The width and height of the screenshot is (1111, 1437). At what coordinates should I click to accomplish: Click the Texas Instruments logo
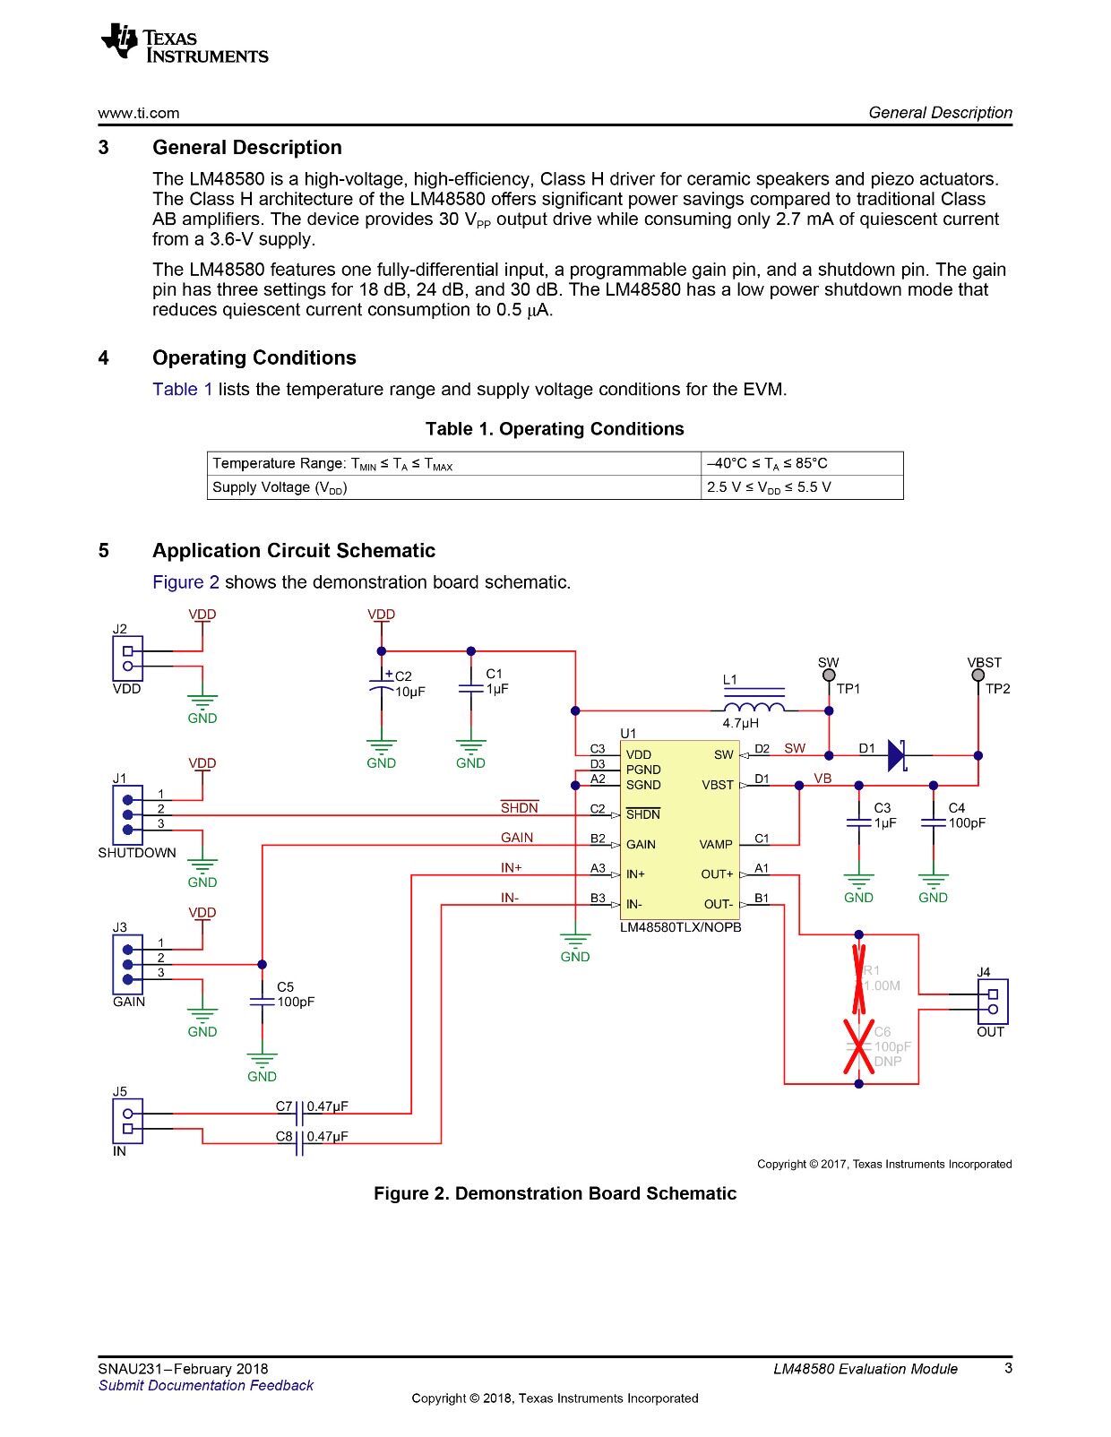tap(185, 43)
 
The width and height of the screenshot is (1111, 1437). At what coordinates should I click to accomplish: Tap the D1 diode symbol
tap(897, 755)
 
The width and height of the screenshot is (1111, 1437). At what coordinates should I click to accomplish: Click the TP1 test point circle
tap(829, 675)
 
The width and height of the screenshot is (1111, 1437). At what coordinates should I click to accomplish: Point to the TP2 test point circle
tap(978, 675)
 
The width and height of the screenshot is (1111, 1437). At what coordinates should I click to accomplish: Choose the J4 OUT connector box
tap(993, 1002)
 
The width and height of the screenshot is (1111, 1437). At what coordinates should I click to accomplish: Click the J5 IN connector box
tap(127, 1121)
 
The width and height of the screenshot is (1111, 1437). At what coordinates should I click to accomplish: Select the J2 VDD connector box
tap(127, 658)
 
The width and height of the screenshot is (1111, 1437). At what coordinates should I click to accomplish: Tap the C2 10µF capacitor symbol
tap(382, 685)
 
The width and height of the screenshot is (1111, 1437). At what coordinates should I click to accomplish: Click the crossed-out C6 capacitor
tap(859, 1046)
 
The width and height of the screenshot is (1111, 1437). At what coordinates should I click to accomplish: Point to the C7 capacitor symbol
tap(299, 1114)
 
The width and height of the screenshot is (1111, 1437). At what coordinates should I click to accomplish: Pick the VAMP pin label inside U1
tap(716, 845)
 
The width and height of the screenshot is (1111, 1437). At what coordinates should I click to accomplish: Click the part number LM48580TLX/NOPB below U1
tap(681, 927)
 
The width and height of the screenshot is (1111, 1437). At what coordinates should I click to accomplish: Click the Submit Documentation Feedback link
tap(206, 1385)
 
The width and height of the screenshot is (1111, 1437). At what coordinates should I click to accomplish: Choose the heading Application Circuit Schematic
tap(294, 550)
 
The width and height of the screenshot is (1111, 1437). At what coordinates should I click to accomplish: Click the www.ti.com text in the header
tap(139, 113)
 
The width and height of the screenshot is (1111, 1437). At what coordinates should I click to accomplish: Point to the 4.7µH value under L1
tap(741, 723)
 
